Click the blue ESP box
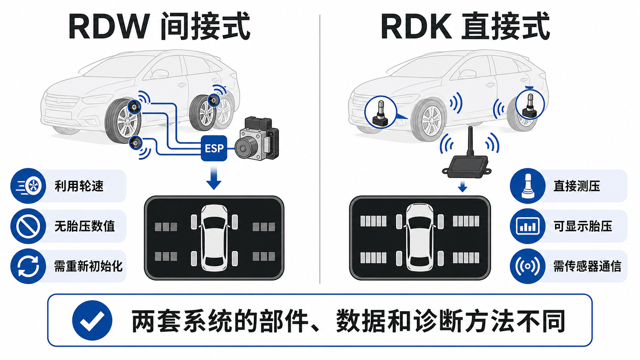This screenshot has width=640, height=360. click(214, 148)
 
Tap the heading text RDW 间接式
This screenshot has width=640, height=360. click(160, 26)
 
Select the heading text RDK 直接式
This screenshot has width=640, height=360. click(465, 26)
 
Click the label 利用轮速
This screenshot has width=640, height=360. click(79, 186)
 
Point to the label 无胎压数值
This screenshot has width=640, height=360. click(85, 226)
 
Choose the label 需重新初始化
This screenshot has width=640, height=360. click(88, 266)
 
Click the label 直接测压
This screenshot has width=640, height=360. click(576, 186)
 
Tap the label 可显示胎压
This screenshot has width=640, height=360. click(583, 226)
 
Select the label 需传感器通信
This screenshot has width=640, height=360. click(587, 266)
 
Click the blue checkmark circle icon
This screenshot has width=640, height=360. click(92, 320)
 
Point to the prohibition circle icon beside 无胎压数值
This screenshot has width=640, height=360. click(28, 226)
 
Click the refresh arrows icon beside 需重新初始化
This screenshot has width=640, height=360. click(28, 266)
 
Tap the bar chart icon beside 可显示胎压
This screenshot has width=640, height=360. click(527, 226)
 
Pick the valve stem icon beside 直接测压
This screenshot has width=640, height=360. click(527, 186)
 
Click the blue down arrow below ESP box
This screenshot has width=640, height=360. click(214, 178)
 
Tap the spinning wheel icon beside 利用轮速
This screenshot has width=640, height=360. click(28, 186)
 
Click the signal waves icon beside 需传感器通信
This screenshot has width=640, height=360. click(527, 266)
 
